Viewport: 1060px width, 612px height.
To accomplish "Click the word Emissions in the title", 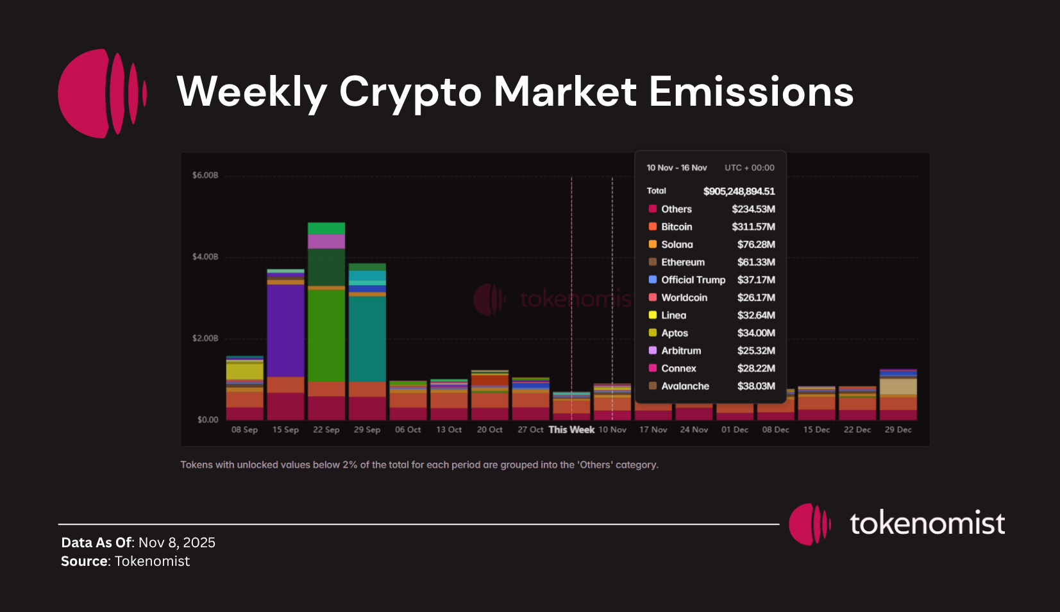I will [x=751, y=92].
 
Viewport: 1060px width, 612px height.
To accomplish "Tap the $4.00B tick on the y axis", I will [x=205, y=257].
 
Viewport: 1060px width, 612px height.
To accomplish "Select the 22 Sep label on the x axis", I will [x=326, y=430].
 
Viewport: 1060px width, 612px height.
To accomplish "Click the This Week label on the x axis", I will [x=571, y=430].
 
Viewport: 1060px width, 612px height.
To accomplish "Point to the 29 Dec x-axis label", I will [x=898, y=430].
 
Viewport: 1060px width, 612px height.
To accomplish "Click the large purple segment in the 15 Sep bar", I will [x=285, y=330].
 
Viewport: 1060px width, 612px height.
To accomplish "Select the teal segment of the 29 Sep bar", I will [x=367, y=338].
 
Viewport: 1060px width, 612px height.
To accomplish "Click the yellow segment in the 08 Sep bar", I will [x=244, y=371].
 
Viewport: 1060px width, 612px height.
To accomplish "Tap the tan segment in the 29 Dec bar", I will [x=898, y=386].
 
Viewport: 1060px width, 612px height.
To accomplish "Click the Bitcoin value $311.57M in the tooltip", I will [x=753, y=227].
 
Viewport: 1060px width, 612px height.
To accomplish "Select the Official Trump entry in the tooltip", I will [x=693, y=280].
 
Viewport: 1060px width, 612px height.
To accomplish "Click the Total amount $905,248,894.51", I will [x=739, y=192].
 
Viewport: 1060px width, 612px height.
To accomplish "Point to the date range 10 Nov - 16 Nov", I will [x=677, y=168].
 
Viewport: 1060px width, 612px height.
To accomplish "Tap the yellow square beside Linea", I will [x=653, y=315].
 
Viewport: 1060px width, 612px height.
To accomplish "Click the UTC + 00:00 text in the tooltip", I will [x=749, y=168].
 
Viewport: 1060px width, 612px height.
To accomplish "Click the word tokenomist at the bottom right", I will [x=927, y=524].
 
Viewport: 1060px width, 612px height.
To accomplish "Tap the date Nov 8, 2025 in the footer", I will [x=177, y=543].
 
